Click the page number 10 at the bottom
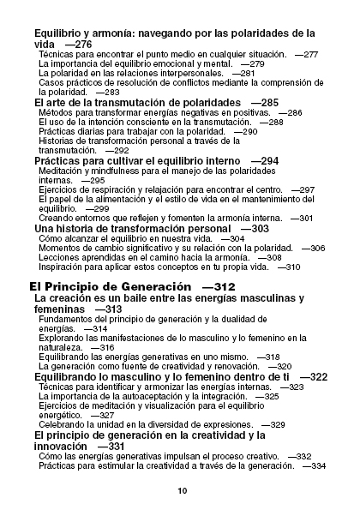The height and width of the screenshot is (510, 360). pyautogui.click(x=181, y=491)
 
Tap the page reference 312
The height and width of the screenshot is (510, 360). pyautogui.click(x=219, y=285)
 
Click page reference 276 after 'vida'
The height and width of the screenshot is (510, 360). pyautogui.click(x=78, y=44)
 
